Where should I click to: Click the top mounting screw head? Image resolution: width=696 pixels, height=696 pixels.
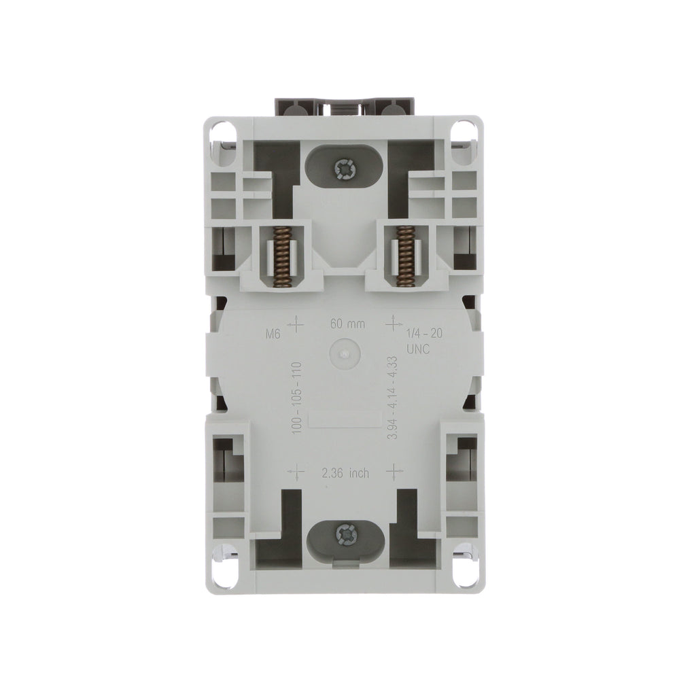pyautogui.click(x=344, y=169)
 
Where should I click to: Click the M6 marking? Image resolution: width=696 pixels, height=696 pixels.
pyautogui.click(x=273, y=334)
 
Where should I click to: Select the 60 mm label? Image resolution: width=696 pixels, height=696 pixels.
pyautogui.click(x=347, y=324)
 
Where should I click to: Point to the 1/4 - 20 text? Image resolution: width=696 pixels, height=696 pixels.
pyautogui.click(x=424, y=333)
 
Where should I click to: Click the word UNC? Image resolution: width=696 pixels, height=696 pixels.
pyautogui.click(x=418, y=349)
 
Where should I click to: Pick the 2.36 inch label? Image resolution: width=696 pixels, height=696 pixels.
pyautogui.click(x=345, y=473)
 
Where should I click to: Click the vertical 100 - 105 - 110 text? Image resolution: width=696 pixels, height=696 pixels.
pyautogui.click(x=297, y=398)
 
